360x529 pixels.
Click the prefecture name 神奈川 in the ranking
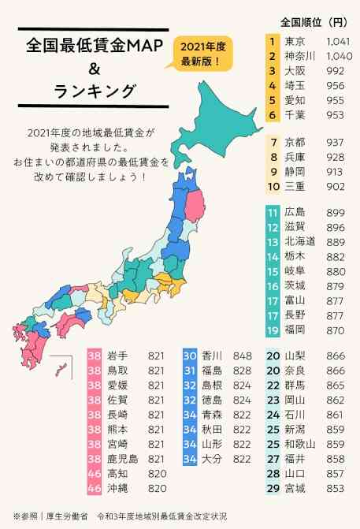point(299,56)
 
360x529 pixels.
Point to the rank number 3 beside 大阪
point(272,71)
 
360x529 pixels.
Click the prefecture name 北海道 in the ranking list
point(299,241)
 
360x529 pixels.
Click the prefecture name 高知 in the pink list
point(117,473)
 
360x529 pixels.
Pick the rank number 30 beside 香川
point(190,355)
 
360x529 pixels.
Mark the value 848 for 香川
point(243,355)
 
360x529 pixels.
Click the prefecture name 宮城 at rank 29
point(295,488)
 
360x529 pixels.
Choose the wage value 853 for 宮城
point(335,488)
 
